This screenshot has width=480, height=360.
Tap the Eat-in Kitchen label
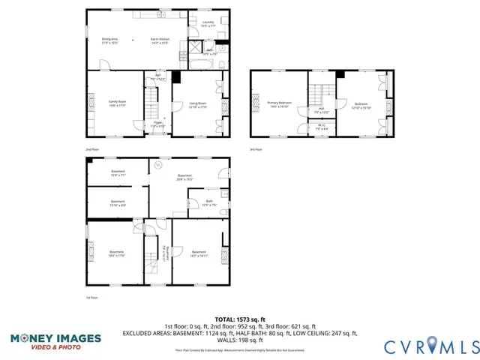click(x=160, y=40)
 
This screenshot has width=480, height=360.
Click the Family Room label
click(x=116, y=103)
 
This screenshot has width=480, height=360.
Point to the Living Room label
click(x=198, y=105)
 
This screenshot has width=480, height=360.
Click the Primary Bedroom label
click(x=280, y=104)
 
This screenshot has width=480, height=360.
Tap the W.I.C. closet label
click(x=322, y=127)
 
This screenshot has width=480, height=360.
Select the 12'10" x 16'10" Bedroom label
click(x=361, y=105)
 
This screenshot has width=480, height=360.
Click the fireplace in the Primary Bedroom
click(x=255, y=104)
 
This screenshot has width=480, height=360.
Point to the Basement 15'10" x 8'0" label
click(x=118, y=203)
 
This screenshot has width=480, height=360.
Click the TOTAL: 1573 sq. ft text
click(x=239, y=319)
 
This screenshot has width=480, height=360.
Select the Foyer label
click(x=158, y=124)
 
